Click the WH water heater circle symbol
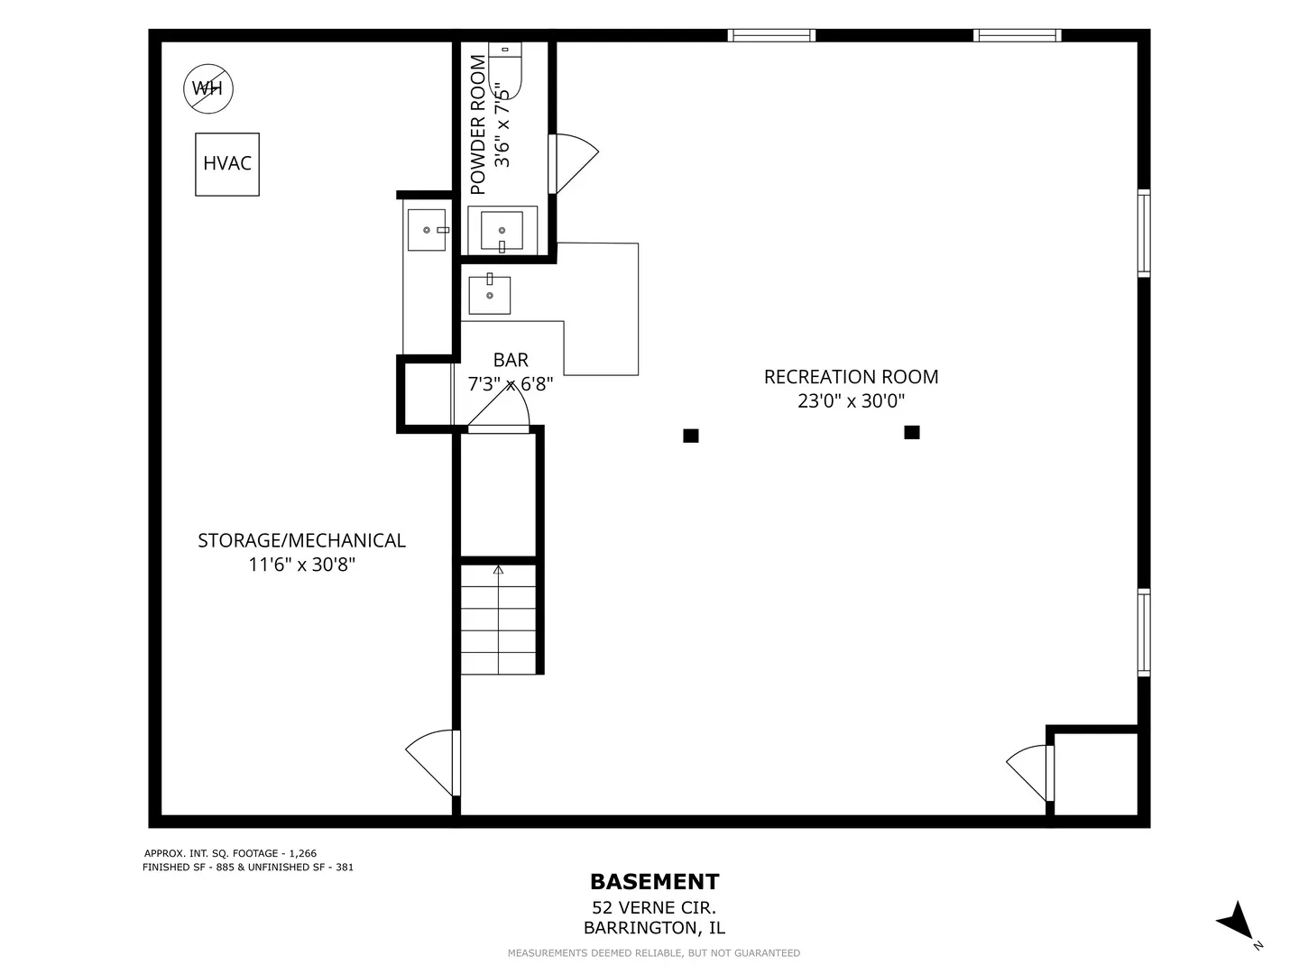(207, 88)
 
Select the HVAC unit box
(227, 164)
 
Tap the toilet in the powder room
(505, 70)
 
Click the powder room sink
(502, 231)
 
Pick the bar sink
(490, 295)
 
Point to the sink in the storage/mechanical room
(428, 230)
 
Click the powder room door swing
(573, 164)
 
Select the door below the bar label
(498, 408)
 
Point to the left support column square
(691, 436)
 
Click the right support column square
(912, 432)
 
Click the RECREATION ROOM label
(851, 377)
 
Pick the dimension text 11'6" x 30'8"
(302, 565)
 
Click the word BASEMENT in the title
(655, 882)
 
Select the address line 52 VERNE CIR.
(654, 907)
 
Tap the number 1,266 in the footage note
(302, 853)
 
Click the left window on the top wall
(771, 35)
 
